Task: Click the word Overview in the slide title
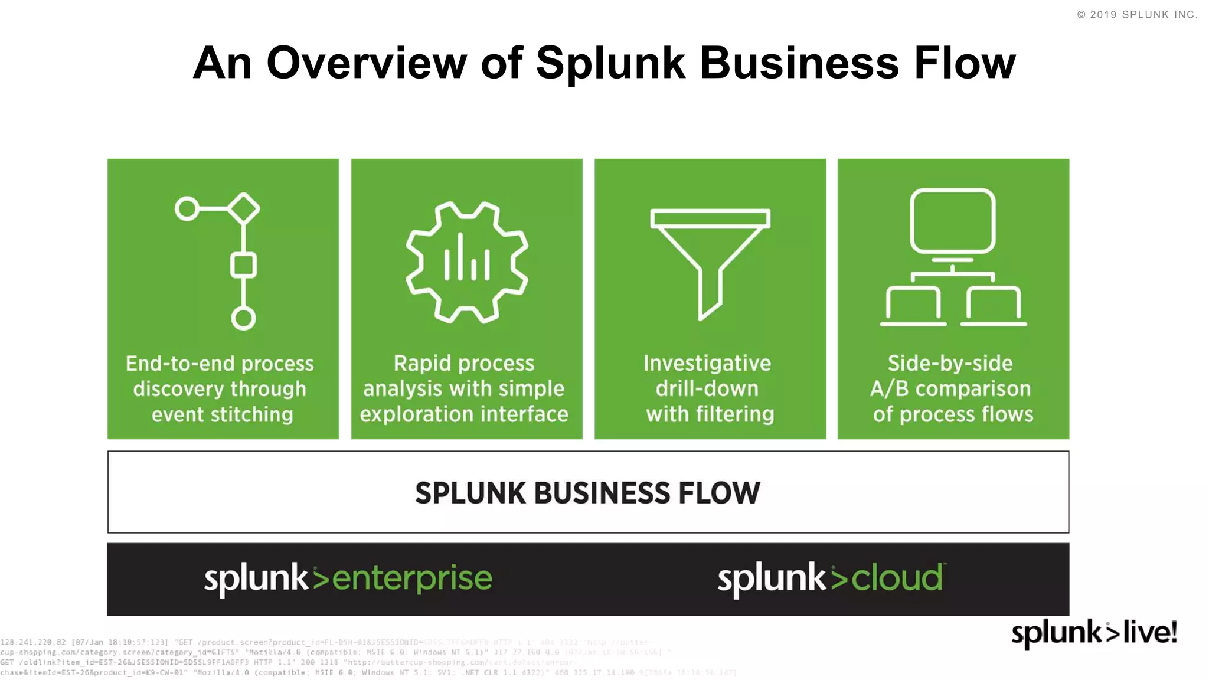tap(366, 63)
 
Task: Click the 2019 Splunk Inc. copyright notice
tap(1137, 15)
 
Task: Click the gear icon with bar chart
tap(466, 263)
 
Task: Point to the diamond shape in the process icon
tap(244, 208)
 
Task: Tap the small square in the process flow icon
tap(243, 265)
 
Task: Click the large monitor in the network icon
tap(952, 221)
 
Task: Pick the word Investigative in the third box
tap(707, 363)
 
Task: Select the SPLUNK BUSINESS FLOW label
tap(587, 493)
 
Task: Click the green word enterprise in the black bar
tap(411, 578)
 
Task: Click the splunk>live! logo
tap(1094, 633)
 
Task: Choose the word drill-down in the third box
tap(707, 388)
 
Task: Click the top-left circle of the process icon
tap(187, 208)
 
